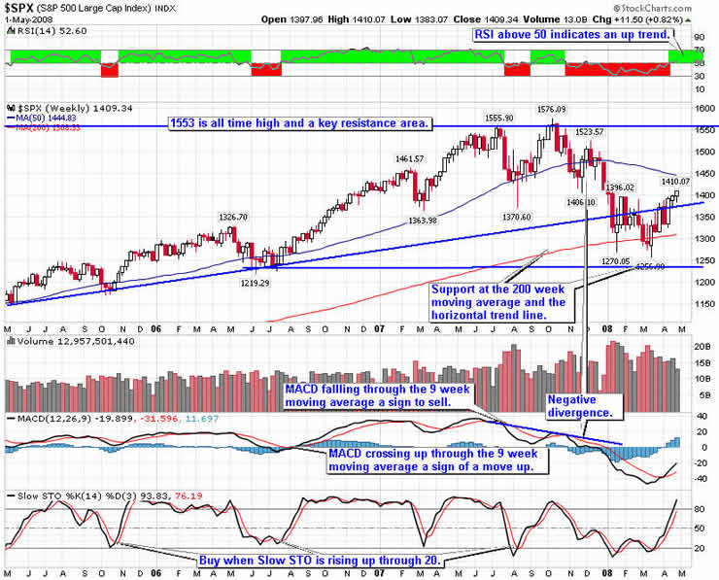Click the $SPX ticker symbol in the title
(x=22, y=8)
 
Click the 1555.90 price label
(x=499, y=118)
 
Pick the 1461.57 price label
(x=409, y=158)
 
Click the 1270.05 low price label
(x=617, y=261)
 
